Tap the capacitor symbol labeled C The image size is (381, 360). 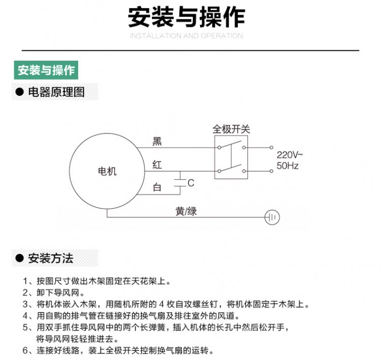(180, 183)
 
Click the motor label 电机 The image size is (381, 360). (107, 171)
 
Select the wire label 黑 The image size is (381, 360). (157, 141)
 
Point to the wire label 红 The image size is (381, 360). (157, 165)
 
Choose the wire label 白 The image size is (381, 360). (157, 187)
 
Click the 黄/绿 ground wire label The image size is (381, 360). (186, 211)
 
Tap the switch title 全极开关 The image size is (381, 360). (231, 129)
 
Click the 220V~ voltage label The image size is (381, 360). (290, 155)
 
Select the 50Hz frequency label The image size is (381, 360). (288, 166)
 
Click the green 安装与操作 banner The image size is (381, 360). (46, 70)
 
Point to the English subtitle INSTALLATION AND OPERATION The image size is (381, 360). (186, 36)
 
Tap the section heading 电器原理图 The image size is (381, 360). (56, 92)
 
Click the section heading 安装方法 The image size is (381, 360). (50, 258)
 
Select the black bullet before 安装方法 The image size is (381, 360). (19, 258)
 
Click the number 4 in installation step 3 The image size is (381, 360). (162, 304)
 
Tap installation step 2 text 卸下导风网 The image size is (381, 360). (58, 292)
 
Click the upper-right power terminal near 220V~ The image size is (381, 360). (271, 147)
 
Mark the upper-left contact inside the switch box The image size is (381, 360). (219, 147)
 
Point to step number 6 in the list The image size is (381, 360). (25, 350)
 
